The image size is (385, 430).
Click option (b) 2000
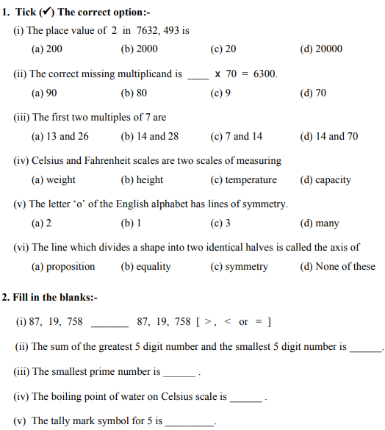click(x=139, y=49)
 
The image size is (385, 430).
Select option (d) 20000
click(x=321, y=49)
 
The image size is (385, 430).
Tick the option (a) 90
click(x=44, y=93)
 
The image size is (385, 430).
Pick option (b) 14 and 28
click(x=149, y=136)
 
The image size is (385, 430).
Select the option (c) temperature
click(x=243, y=179)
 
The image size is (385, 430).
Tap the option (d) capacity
click(x=325, y=179)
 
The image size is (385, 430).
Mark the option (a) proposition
click(x=63, y=266)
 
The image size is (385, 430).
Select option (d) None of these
click(x=337, y=266)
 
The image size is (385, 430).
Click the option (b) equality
click(x=145, y=266)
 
